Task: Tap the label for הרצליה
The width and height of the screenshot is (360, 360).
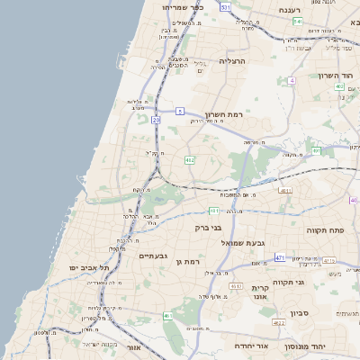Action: [x=231, y=61]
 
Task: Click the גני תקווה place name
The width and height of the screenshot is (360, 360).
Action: [x=312, y=282]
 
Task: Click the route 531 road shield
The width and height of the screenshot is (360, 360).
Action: [x=225, y=7]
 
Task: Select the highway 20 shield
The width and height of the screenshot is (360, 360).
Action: [x=156, y=119]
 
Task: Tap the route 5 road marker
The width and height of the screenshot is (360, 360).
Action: [x=180, y=111]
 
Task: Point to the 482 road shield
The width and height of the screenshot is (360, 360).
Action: [x=189, y=159]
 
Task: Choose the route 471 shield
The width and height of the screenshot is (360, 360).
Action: [x=280, y=257]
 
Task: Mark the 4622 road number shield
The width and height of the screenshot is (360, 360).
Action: [x=279, y=322]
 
